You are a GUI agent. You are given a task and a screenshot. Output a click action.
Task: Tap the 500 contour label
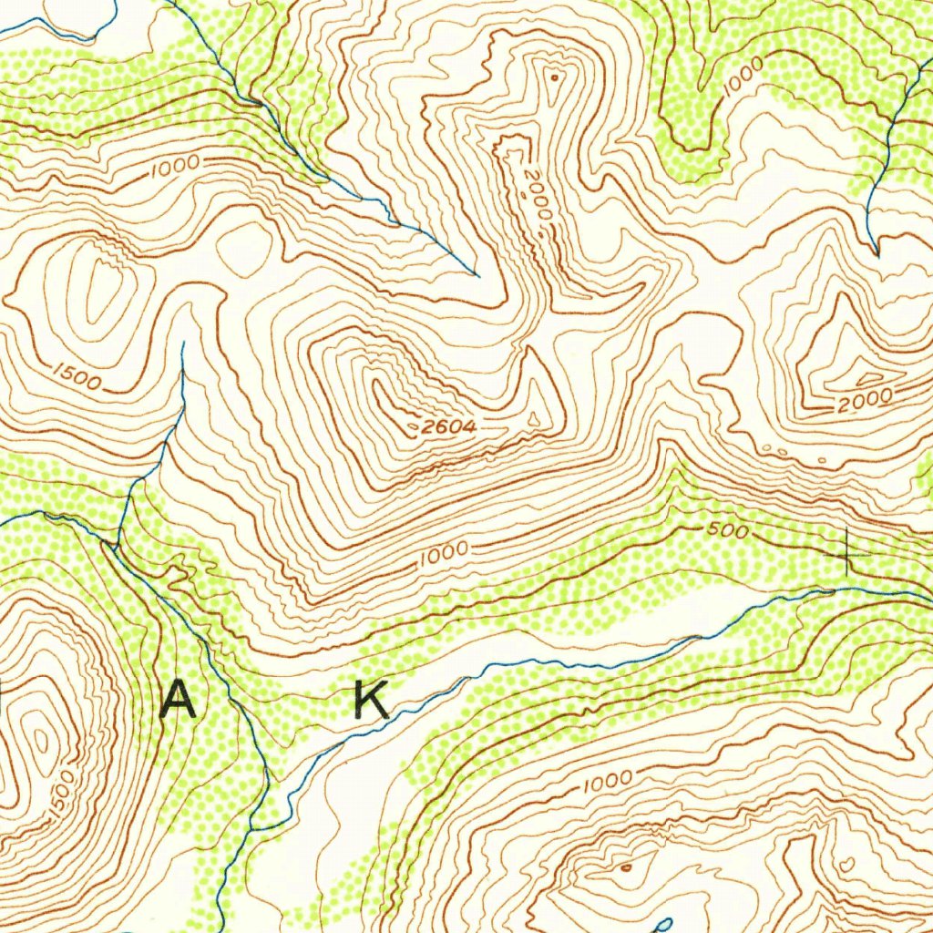pyautogui.click(x=726, y=531)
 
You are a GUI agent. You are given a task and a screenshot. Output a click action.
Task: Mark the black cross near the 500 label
pyautogui.click(x=847, y=553)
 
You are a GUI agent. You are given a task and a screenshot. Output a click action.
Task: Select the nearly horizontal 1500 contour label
pyautogui.click(x=77, y=376)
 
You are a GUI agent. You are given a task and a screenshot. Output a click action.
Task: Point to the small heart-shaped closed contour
pyautogui.click(x=846, y=862)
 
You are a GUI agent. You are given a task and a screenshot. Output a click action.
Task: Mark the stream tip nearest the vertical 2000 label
pyautogui.click(x=477, y=274)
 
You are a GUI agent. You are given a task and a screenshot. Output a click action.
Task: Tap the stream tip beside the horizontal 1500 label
pyautogui.click(x=183, y=344)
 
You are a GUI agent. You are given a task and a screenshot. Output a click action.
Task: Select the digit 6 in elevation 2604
pyautogui.click(x=444, y=426)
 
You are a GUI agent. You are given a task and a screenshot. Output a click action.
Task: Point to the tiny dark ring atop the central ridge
pyautogui.click(x=553, y=78)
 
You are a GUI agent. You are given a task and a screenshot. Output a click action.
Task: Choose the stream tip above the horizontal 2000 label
pyautogui.click(x=876, y=252)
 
